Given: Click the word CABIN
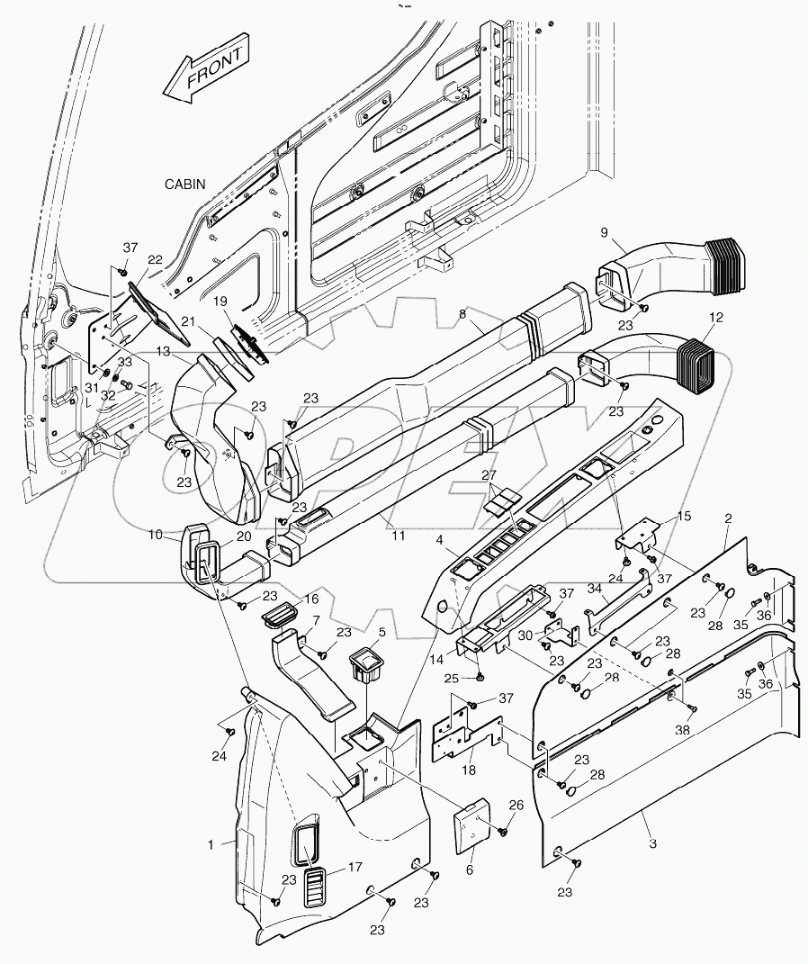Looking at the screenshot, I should [x=184, y=184].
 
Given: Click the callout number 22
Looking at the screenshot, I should [x=155, y=260].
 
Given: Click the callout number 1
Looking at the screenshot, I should [x=211, y=844].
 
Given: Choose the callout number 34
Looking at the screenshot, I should [x=595, y=588].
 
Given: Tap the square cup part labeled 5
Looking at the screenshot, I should [x=367, y=665].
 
